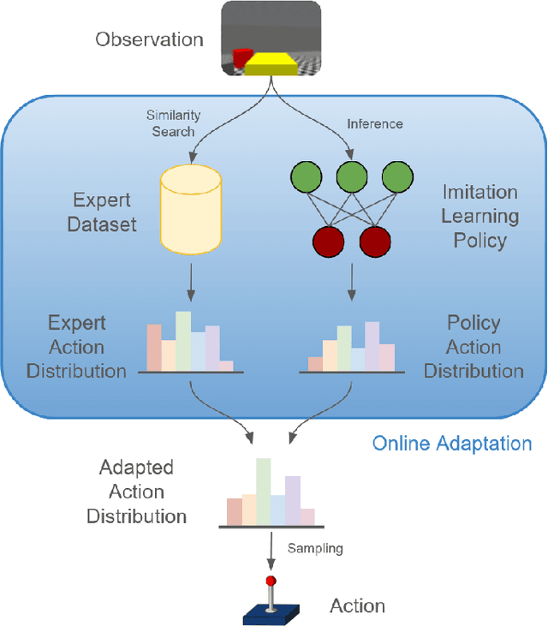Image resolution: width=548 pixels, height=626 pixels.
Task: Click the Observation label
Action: (149, 39)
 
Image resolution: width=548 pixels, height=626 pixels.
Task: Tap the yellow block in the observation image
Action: (271, 63)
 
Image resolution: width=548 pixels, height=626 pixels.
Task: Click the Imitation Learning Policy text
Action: (479, 217)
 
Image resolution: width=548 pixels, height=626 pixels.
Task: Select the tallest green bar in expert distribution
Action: (183, 341)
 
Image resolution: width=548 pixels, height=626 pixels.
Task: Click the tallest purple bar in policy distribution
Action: (372, 346)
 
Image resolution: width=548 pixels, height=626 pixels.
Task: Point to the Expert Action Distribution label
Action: (77, 347)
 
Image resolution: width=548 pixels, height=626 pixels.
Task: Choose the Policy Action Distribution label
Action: (474, 347)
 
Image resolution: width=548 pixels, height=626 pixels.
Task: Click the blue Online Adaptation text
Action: (451, 444)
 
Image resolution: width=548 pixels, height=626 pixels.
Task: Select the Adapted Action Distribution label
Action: (136, 492)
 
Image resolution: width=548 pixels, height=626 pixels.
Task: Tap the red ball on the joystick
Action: (271, 581)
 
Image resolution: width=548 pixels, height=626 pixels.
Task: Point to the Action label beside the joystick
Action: (357, 606)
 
